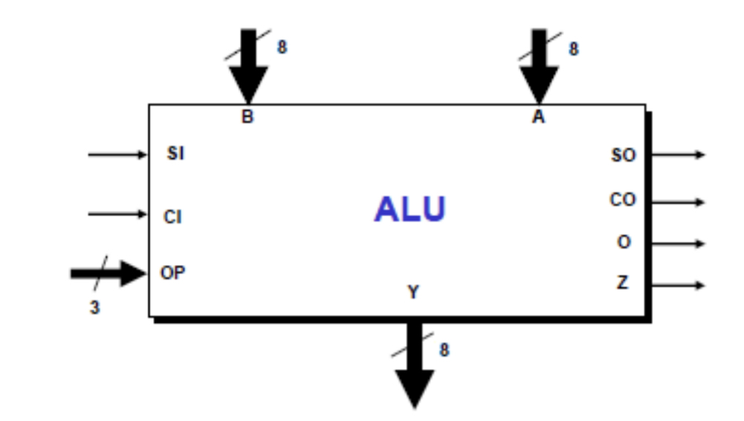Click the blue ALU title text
click(x=410, y=210)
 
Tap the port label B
click(x=247, y=117)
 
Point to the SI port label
click(x=176, y=154)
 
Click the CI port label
click(x=173, y=218)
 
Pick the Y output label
click(x=413, y=293)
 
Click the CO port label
click(x=623, y=200)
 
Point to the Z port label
click(x=623, y=284)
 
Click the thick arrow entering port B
click(x=248, y=71)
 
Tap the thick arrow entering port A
click(x=538, y=71)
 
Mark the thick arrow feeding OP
click(x=109, y=273)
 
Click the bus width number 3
click(x=94, y=307)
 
